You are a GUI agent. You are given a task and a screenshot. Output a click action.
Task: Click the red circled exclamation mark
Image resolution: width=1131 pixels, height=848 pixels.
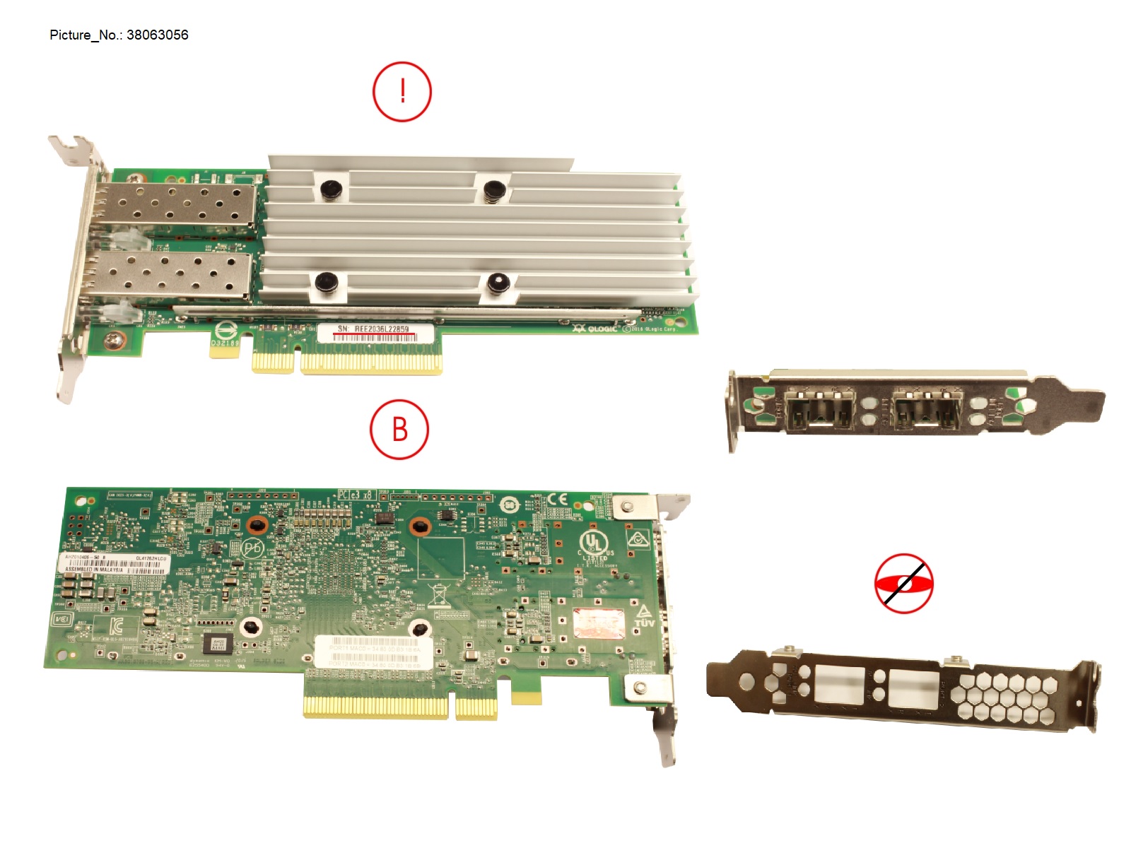coord(402,92)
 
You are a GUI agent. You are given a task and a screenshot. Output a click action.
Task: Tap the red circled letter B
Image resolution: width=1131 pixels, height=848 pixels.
coord(399,430)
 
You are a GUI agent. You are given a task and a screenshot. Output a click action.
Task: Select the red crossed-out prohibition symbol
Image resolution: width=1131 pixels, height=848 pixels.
coord(903,584)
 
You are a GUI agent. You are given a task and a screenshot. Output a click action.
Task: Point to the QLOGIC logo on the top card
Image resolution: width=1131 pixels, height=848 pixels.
coord(597,329)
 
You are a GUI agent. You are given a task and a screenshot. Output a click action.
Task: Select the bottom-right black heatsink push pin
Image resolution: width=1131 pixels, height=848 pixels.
coord(498,283)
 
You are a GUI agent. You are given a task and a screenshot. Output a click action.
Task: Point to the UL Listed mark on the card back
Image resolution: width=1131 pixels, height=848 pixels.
coord(594,546)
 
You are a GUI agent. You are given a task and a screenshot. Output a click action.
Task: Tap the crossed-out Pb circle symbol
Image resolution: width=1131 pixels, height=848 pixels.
coord(252,548)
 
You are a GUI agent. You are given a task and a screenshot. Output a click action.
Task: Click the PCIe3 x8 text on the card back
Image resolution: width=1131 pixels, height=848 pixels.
coord(356,494)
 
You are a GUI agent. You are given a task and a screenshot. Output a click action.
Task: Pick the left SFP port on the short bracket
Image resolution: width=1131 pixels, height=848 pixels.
coord(820,410)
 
